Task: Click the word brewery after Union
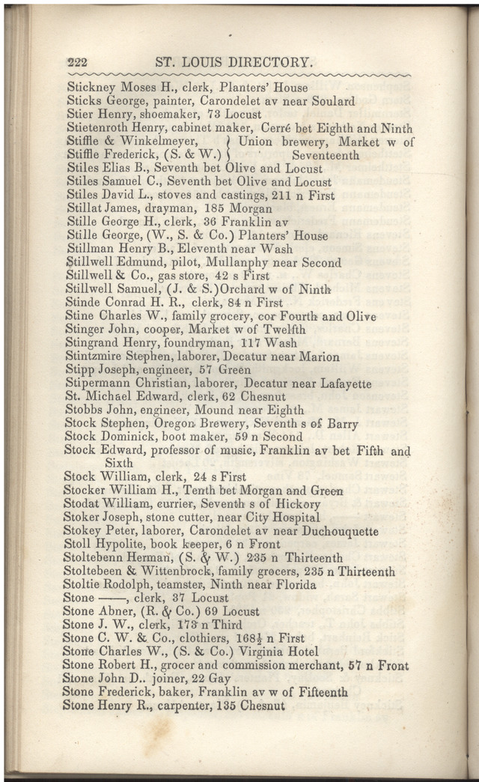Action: tap(306, 142)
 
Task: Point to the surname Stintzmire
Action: tap(97, 357)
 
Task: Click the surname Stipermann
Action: tap(98, 384)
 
